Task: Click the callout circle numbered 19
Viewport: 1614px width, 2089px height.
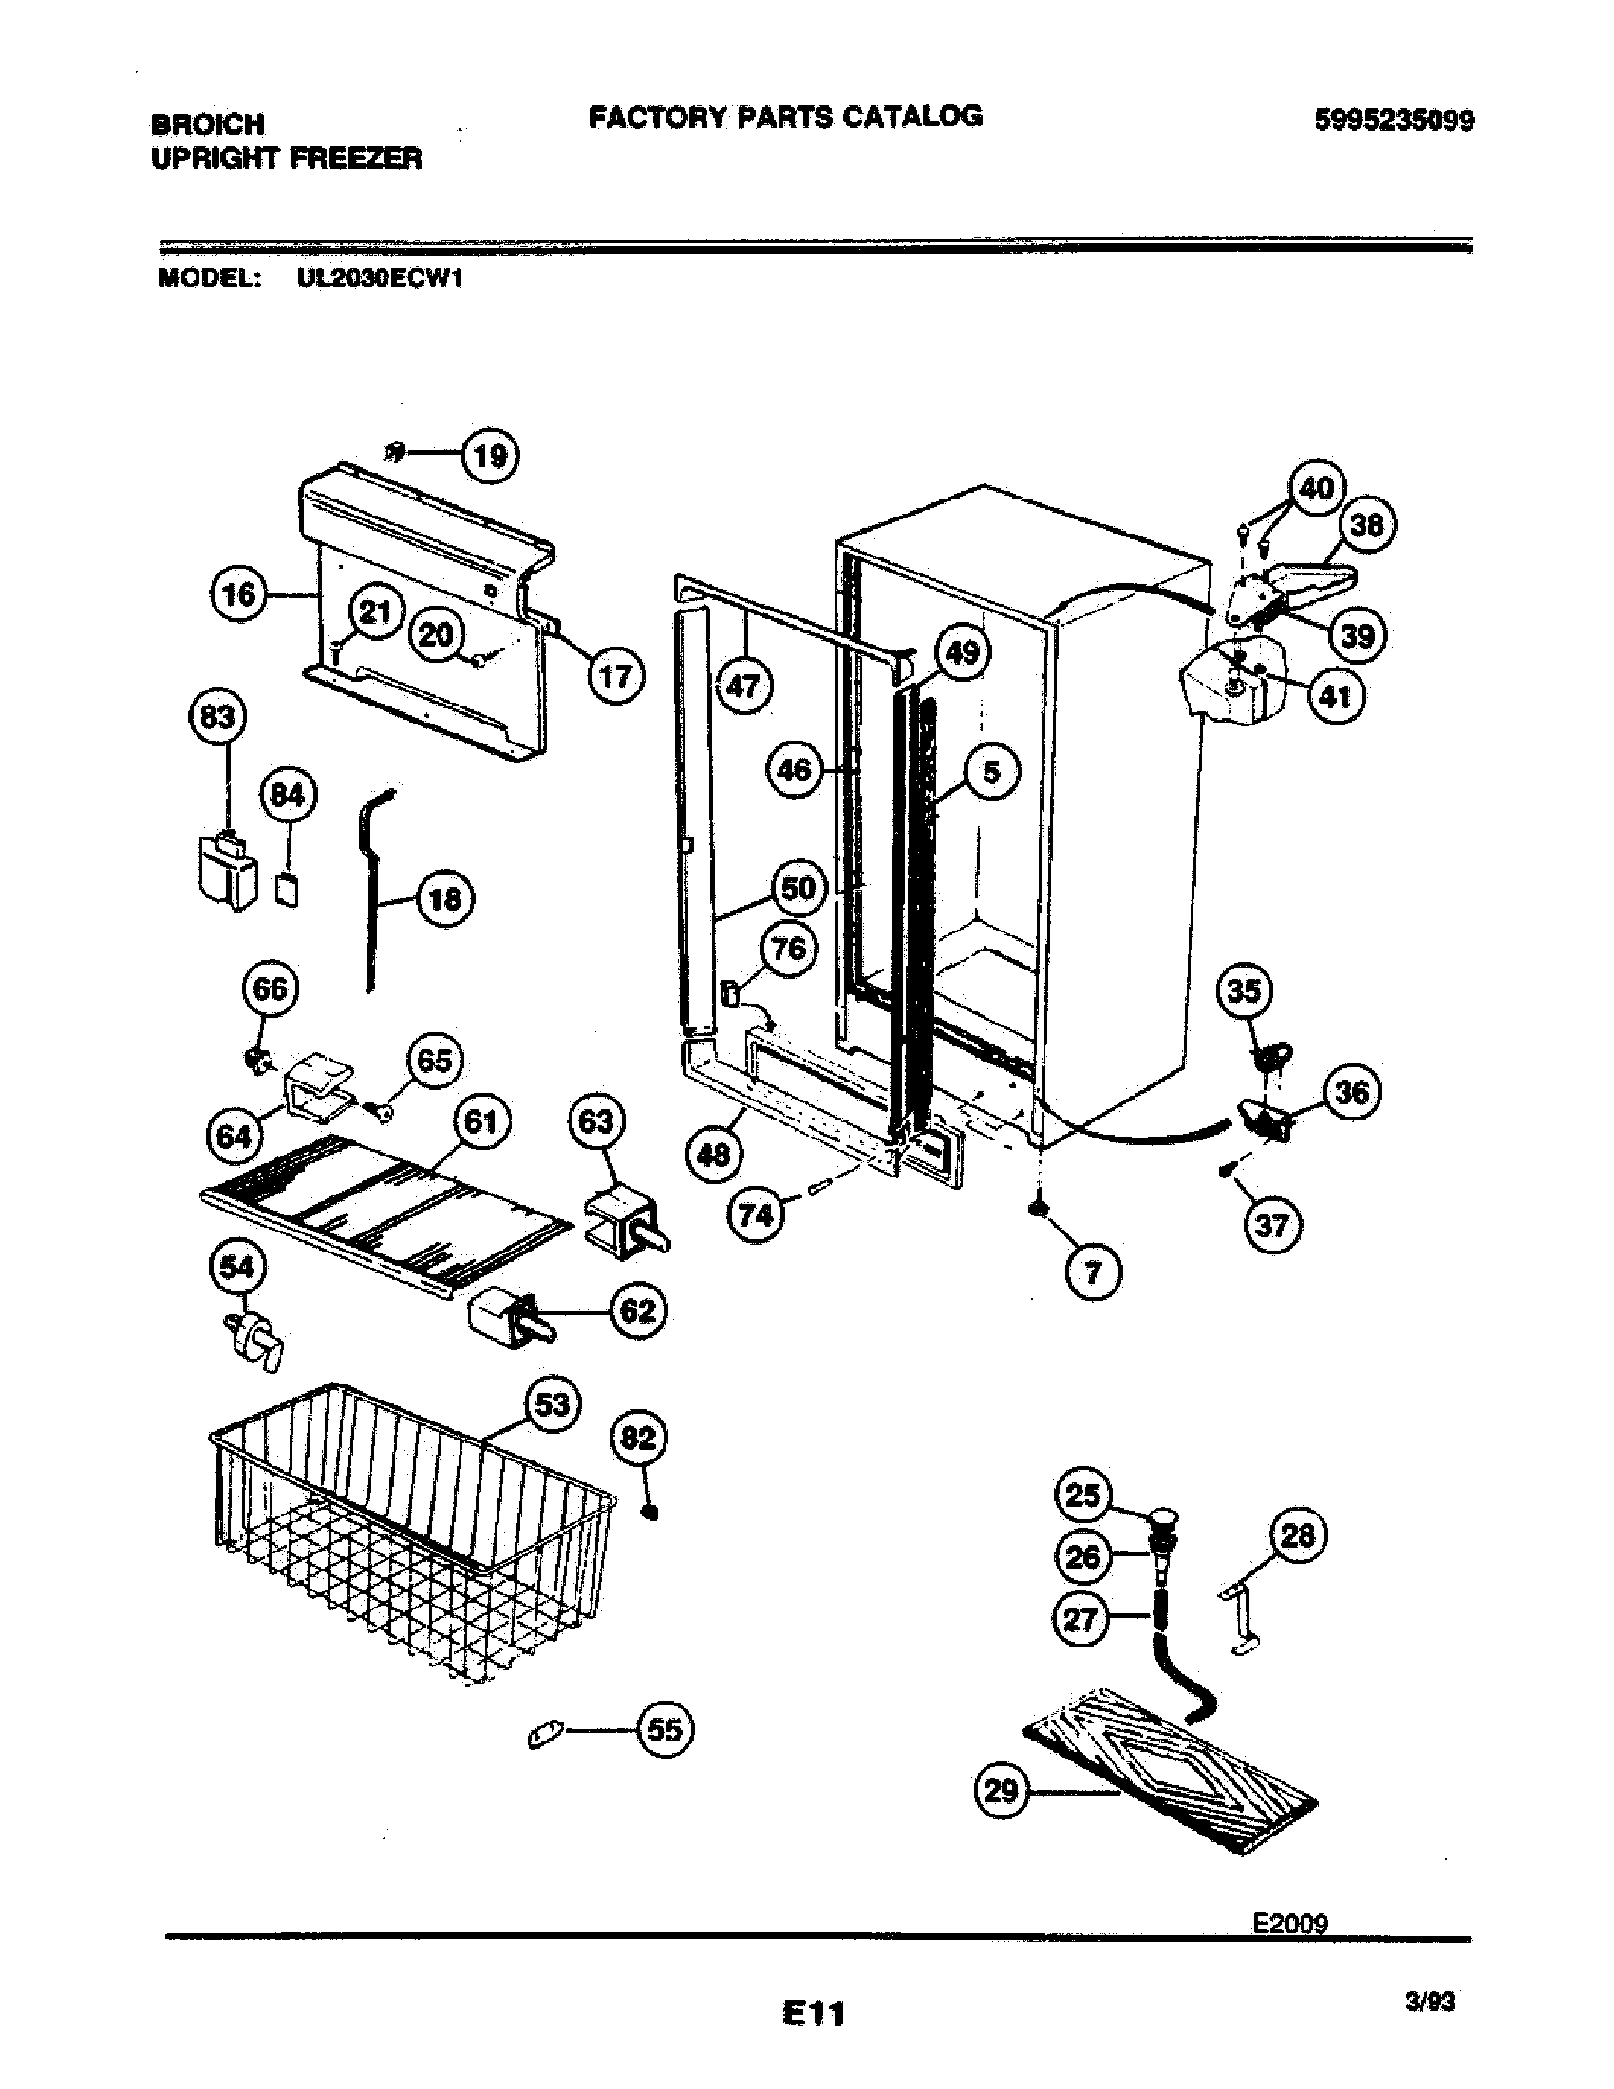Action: tap(491, 456)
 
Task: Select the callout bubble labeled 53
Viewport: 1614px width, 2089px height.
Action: tap(553, 1405)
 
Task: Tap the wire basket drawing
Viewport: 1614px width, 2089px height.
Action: tap(411, 1535)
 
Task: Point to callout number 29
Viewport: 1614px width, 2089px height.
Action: tap(1001, 1790)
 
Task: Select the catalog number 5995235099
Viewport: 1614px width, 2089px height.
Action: tap(1394, 121)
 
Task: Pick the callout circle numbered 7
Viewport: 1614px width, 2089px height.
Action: tap(1093, 1271)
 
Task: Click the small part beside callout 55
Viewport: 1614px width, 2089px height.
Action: tap(545, 1731)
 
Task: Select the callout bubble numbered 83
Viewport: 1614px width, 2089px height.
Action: tap(217, 716)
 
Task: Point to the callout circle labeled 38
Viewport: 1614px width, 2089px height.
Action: tap(1368, 525)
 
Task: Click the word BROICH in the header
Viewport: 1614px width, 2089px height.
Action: tap(208, 124)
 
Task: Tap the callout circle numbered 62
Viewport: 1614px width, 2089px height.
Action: tap(638, 1309)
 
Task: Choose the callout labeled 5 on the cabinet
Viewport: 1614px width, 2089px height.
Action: tap(991, 772)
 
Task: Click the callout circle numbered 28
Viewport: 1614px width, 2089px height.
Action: tap(1298, 1536)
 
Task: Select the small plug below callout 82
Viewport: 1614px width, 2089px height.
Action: tap(651, 1513)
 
